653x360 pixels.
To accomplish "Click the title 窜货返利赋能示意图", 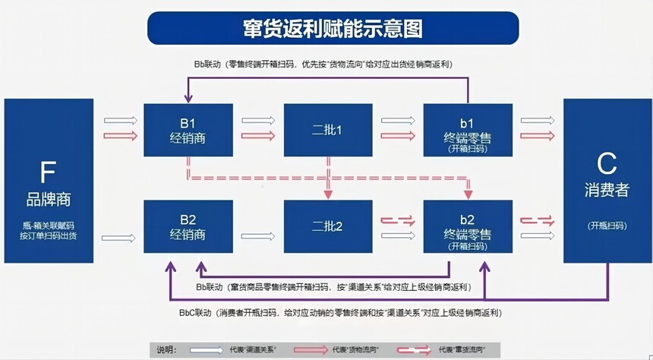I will [x=327, y=28].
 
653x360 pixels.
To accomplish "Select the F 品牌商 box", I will [x=49, y=181].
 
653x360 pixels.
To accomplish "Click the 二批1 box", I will [x=328, y=130].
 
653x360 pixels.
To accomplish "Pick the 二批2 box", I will [x=328, y=227].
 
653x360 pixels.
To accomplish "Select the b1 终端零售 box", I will [x=468, y=130].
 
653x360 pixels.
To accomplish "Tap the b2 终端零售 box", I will [x=468, y=227].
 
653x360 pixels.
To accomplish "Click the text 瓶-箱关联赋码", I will [x=49, y=226].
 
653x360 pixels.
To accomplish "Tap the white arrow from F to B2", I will [x=118, y=238].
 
